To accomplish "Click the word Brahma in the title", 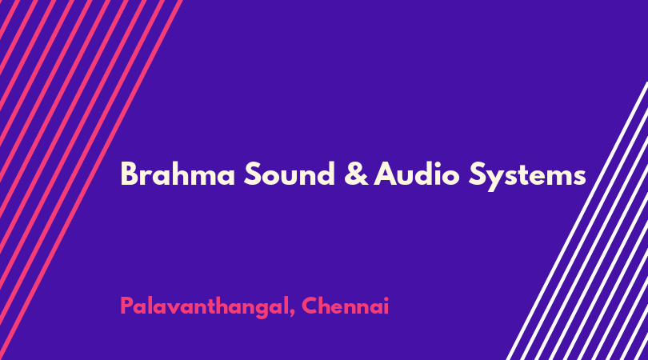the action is click(x=178, y=174).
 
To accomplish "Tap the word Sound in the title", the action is click(x=290, y=174).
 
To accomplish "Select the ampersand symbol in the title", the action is click(x=356, y=174).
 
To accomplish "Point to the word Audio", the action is click(x=417, y=174).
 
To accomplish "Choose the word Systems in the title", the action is click(x=527, y=177).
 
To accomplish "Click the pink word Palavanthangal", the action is click(x=204, y=307).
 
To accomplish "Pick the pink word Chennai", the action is click(x=346, y=306).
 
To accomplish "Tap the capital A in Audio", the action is click(x=386, y=174).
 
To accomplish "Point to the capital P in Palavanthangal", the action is click(x=127, y=306).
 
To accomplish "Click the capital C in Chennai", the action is click(x=310, y=306).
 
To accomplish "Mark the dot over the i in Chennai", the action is click(x=386, y=298).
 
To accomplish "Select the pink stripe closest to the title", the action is click(x=91, y=180).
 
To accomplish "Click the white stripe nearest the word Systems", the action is click(x=577, y=221).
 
